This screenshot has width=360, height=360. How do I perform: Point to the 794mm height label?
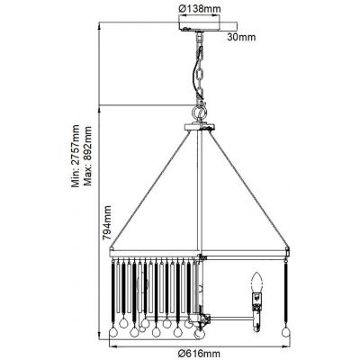click(106, 222)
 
